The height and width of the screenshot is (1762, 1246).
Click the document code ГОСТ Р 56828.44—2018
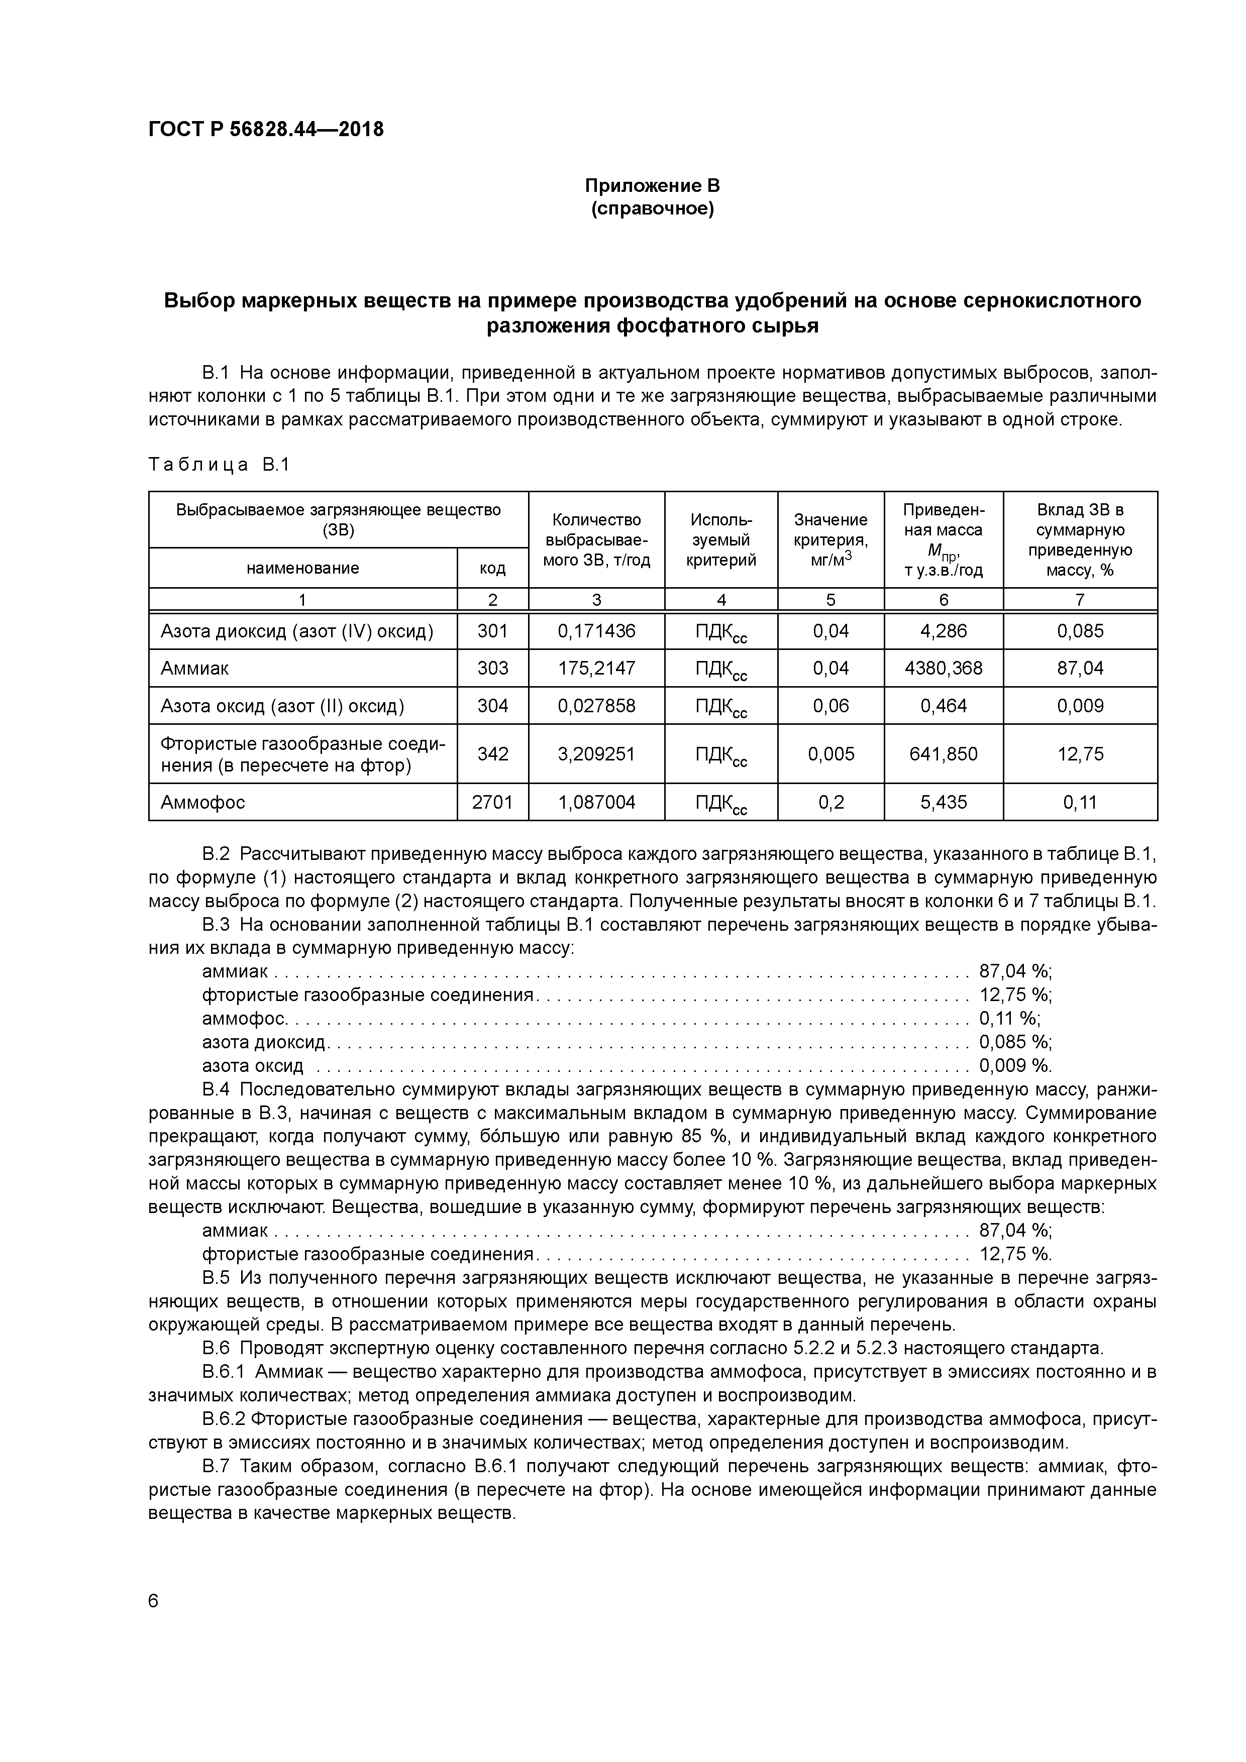point(266,130)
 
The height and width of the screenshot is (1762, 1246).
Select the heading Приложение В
point(652,186)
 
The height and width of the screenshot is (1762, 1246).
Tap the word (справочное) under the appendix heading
point(652,209)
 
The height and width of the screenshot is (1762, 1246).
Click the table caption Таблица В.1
point(219,465)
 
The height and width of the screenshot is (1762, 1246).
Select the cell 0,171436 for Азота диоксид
point(596,631)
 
